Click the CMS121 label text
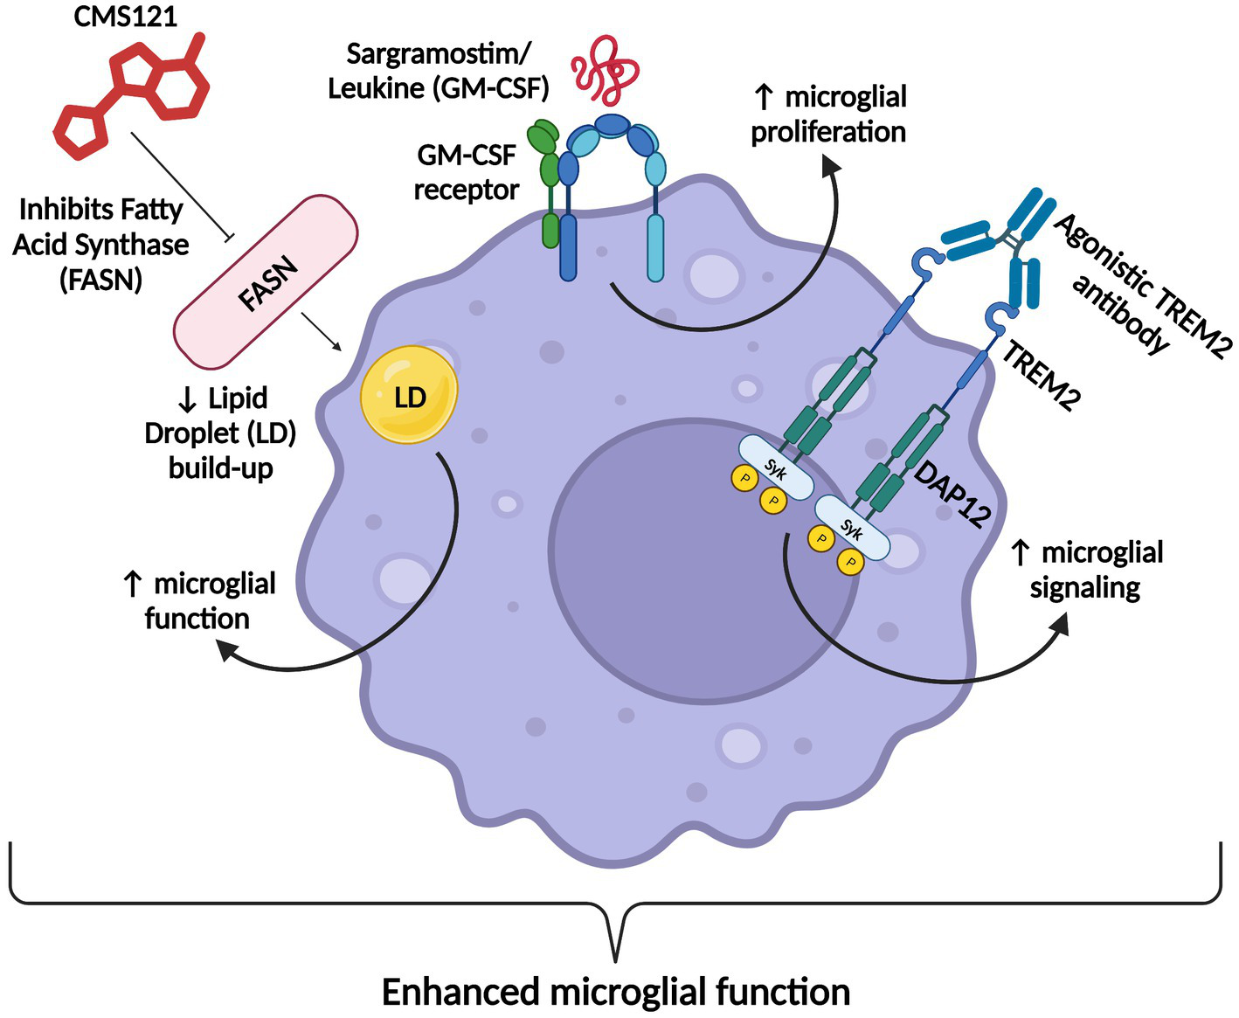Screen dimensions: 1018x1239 (125, 17)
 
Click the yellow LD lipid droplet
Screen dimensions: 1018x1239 (409, 396)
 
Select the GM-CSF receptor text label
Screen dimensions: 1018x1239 (467, 172)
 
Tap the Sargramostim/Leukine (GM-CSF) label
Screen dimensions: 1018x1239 (438, 71)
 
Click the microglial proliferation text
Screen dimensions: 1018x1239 (828, 114)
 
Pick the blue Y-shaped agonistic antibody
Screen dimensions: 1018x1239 (1005, 240)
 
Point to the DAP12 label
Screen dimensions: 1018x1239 (953, 495)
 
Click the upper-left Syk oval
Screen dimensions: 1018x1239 (776, 468)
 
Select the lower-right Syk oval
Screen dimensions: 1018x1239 (852, 528)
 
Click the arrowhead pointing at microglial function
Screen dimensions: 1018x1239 (229, 650)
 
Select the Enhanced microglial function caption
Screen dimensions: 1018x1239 (616, 992)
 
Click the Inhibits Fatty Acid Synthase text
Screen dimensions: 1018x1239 (100, 244)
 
